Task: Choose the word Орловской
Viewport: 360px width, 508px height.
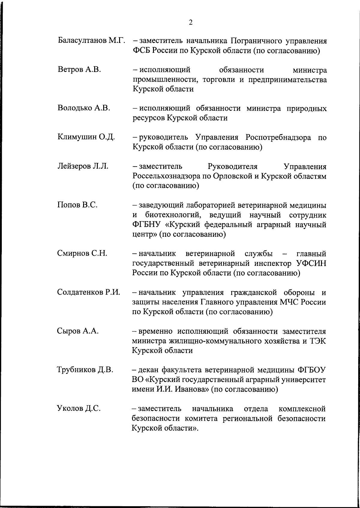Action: pyautogui.click(x=229, y=176)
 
